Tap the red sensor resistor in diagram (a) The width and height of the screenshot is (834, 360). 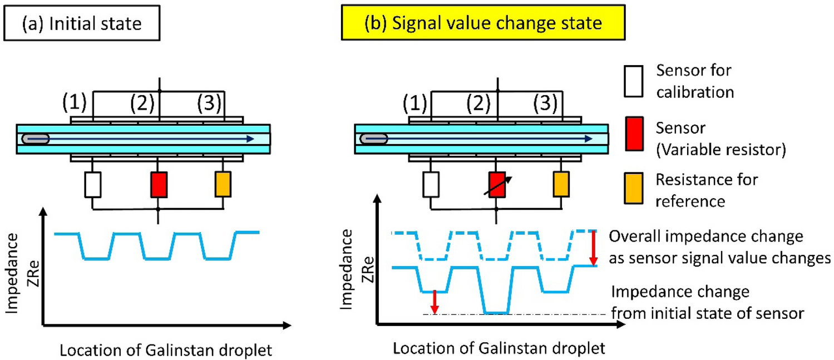point(159,185)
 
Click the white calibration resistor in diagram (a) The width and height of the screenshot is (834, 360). point(92,185)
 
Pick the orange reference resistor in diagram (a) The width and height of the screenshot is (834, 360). point(223,185)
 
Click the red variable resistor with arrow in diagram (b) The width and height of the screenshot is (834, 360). point(497,185)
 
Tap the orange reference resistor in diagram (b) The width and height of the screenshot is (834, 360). point(561,185)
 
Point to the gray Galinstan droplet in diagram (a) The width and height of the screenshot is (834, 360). point(35,138)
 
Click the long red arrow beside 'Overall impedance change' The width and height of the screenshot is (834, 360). point(594,248)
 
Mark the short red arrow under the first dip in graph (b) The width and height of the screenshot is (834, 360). point(435,302)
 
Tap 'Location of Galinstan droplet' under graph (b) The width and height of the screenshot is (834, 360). point(498,349)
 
